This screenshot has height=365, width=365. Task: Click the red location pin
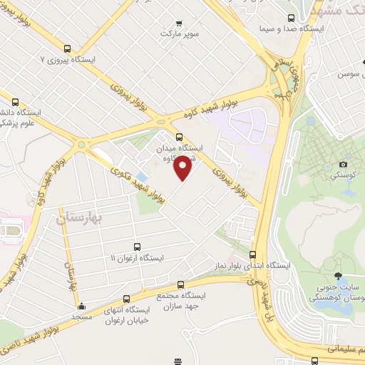[183, 168]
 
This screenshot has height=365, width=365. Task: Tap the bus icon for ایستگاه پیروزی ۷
[67, 49]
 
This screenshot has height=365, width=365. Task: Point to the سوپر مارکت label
[179, 34]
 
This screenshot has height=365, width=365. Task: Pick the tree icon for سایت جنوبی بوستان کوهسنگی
[337, 276]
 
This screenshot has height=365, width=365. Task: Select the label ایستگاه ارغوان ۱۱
[137, 257]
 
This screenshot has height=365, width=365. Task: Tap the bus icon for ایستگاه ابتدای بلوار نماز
[252, 255]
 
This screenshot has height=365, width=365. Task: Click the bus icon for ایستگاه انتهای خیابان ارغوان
[127, 299]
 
